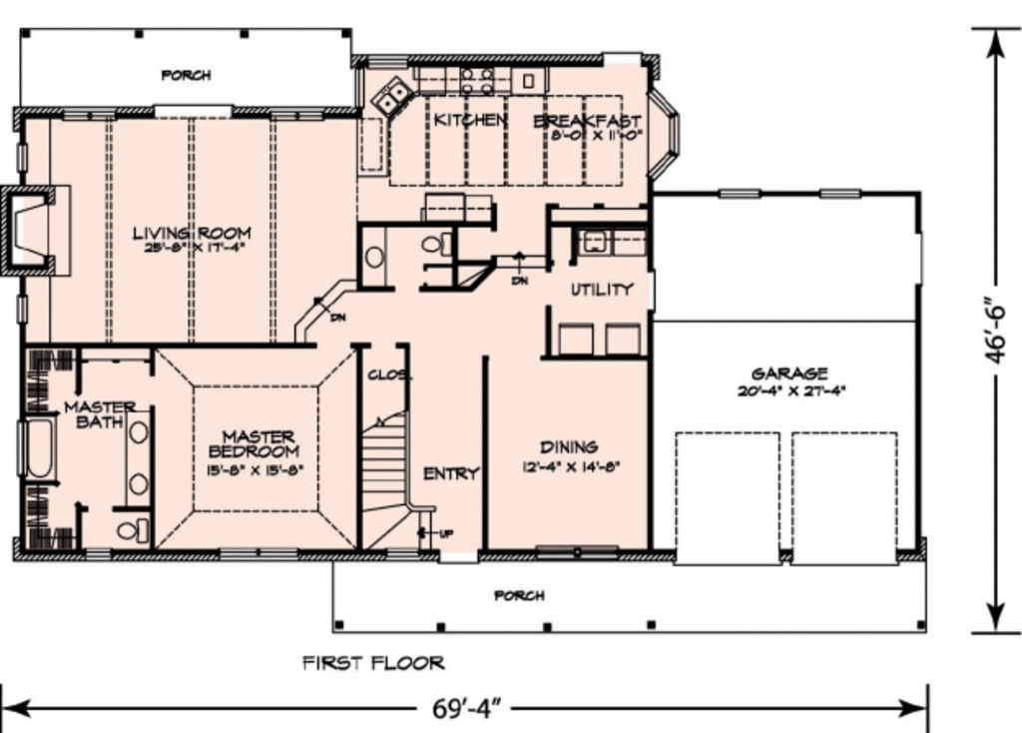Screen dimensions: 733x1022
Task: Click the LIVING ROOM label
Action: point(192,234)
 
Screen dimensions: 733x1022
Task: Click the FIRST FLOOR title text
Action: point(373,663)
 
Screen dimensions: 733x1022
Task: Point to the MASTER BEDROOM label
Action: point(257,443)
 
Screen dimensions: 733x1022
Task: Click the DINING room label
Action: point(569,446)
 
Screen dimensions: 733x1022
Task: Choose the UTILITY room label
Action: point(601,290)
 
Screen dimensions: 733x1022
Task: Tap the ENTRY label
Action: point(451,473)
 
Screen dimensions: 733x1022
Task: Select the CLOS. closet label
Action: point(383,375)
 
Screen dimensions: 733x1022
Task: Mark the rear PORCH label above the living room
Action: point(186,75)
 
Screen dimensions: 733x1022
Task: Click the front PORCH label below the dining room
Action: point(519,596)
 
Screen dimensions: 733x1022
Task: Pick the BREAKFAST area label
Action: point(587,121)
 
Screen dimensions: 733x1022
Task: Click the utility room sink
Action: point(597,241)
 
